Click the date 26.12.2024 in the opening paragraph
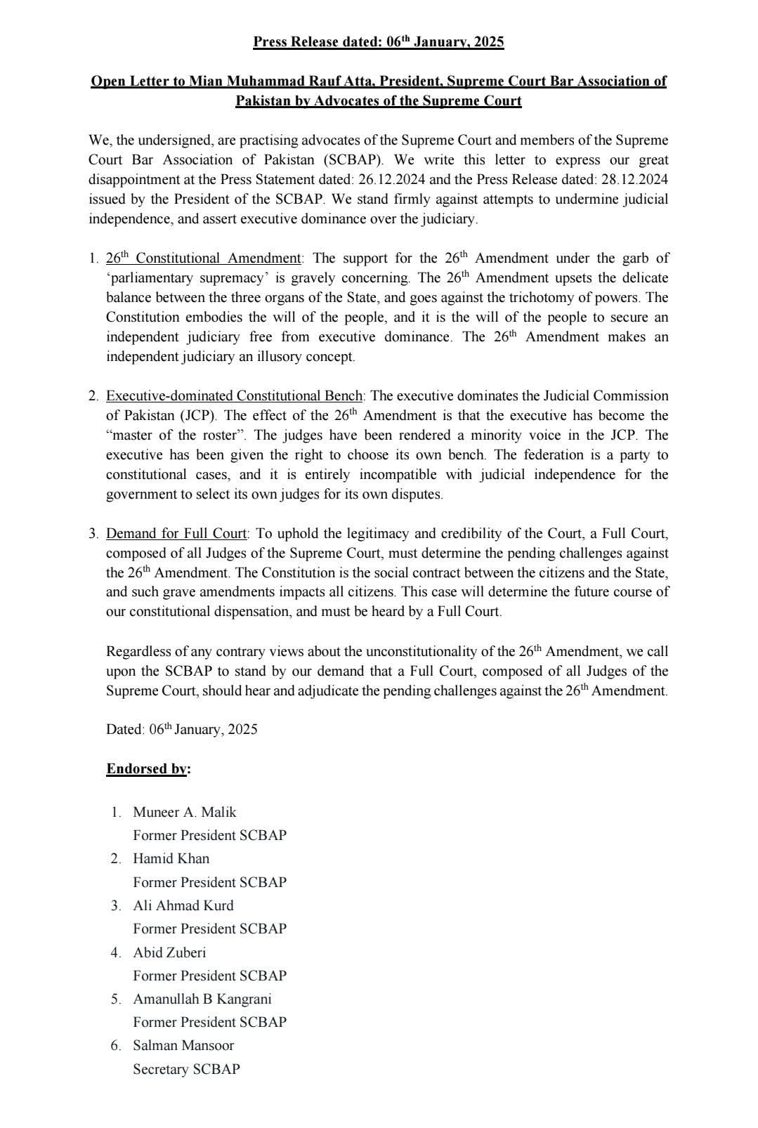pyautogui.click(x=392, y=179)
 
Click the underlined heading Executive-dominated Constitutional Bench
pyautogui.click(x=235, y=395)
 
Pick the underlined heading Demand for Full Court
pyautogui.click(x=176, y=533)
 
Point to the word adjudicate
pyautogui.click(x=328, y=690)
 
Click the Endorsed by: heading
pyautogui.click(x=148, y=768)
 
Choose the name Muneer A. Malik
pyautogui.click(x=185, y=812)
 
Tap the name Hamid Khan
pyautogui.click(x=171, y=858)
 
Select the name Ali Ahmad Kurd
pyautogui.click(x=183, y=905)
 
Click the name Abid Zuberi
pyautogui.click(x=169, y=952)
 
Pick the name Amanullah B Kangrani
pyautogui.click(x=202, y=999)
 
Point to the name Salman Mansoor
pyautogui.click(x=183, y=1045)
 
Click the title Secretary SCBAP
pyautogui.click(x=186, y=1069)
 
